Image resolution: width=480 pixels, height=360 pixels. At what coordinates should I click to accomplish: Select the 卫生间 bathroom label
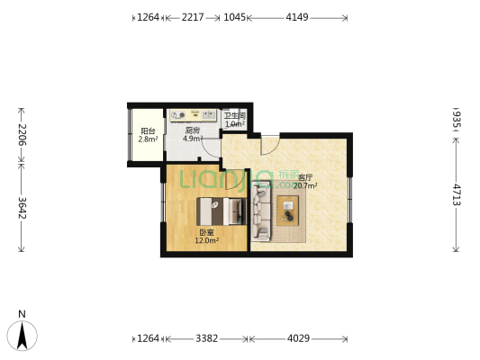coord(235,115)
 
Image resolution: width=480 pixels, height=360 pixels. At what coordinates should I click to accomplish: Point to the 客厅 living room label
coord(306,178)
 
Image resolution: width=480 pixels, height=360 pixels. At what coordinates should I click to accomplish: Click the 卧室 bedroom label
coord(207,233)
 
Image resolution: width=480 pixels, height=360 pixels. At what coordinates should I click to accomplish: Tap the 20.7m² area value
coord(306,186)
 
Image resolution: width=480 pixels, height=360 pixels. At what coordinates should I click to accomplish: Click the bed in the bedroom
coord(221,211)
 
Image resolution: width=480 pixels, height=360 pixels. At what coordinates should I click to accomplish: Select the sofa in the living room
coord(260,212)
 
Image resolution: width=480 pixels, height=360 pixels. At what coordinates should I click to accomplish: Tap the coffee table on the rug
coord(288,211)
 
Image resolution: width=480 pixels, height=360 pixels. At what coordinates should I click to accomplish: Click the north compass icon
coord(23,335)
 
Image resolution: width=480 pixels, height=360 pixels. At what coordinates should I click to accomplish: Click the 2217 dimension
coord(193,17)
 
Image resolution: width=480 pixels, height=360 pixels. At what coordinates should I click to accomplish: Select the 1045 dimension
coord(234,17)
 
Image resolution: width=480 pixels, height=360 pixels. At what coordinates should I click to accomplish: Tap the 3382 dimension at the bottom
coord(206,339)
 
